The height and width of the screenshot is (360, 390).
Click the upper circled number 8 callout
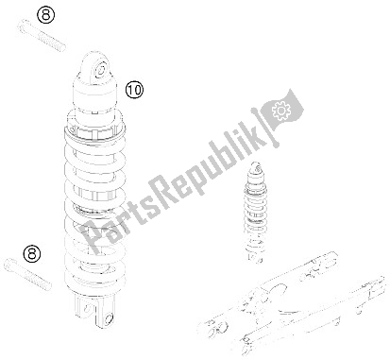[46, 15]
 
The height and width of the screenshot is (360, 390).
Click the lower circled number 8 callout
[32, 253]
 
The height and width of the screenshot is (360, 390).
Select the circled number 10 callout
[134, 90]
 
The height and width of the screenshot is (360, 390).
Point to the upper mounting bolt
[42, 35]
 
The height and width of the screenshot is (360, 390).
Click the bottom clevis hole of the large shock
[110, 317]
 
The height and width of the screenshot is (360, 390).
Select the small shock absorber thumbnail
[255, 213]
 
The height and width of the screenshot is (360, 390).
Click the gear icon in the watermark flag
[281, 111]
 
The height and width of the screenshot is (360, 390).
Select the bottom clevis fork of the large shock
[94, 310]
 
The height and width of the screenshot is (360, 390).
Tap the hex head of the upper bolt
[23, 26]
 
